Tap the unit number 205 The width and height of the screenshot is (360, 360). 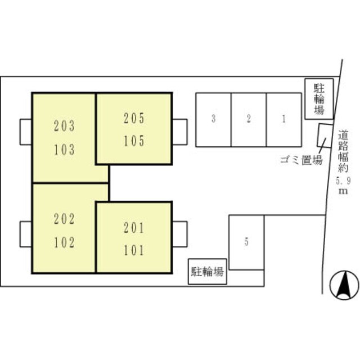click(134, 119)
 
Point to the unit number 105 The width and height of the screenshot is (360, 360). click(134, 141)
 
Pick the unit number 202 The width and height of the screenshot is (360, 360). click(64, 219)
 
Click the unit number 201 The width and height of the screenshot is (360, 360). click(134, 228)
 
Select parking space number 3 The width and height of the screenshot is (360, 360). click(213, 119)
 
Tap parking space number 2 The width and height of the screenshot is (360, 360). click(248, 119)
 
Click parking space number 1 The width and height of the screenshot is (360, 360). click(283, 119)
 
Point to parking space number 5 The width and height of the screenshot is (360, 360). click(246, 242)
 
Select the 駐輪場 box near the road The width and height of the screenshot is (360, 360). click(319, 98)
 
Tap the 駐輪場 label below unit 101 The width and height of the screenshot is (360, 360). click(208, 273)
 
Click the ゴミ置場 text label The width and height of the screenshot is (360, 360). click(301, 160)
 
